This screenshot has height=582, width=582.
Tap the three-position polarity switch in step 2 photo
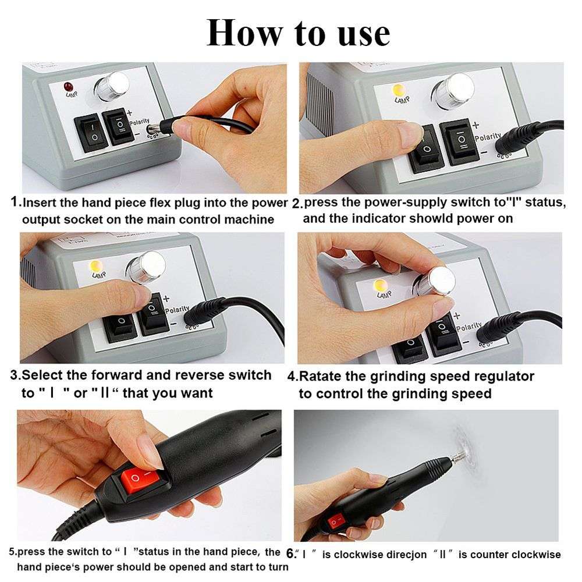point(460,143)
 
